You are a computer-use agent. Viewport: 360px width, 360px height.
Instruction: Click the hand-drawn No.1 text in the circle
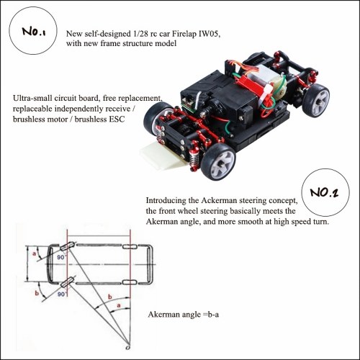34,32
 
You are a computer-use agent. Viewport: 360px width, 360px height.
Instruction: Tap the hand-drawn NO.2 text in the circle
324,192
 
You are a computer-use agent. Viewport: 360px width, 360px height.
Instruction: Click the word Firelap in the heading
184,34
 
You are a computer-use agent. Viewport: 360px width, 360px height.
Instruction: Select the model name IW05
210,34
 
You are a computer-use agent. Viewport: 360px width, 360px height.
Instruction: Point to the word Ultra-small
32,98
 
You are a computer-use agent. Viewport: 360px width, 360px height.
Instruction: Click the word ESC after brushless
117,120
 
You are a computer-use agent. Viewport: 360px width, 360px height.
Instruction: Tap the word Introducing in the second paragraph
166,201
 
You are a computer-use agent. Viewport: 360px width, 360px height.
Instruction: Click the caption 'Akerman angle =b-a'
184,315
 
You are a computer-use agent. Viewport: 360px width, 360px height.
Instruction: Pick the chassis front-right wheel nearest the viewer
218,162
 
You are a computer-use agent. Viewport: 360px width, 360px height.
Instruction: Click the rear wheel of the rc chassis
316,100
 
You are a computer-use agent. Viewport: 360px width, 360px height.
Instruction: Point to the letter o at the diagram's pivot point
128,348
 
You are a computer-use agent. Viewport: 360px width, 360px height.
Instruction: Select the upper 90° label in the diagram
61,257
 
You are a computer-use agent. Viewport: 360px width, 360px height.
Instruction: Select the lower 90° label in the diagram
61,294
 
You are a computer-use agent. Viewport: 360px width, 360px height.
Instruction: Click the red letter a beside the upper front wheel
34,253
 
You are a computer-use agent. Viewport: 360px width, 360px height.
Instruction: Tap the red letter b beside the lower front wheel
37,293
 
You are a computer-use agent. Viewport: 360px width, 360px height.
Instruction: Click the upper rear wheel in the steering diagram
130,246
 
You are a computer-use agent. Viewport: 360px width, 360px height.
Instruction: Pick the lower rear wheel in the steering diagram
130,282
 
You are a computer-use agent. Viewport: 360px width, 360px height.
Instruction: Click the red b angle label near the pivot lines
110,297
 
